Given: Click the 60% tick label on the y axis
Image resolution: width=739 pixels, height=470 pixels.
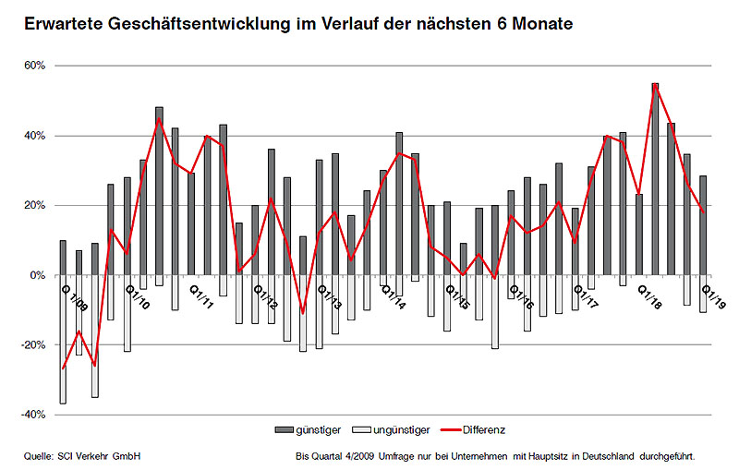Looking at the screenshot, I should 34,66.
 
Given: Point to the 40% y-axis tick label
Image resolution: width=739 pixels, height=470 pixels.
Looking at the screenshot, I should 34,136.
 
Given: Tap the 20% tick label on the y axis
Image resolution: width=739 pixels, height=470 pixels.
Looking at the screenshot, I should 34,205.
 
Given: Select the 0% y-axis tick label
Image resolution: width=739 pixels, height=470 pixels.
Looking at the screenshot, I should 38,275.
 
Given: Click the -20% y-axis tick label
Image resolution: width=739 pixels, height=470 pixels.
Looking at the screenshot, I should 33,344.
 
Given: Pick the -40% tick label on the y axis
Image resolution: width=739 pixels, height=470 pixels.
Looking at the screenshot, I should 33,415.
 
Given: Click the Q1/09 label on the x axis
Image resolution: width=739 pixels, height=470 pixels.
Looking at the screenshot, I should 73,297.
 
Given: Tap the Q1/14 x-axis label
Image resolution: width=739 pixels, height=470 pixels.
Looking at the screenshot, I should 393,297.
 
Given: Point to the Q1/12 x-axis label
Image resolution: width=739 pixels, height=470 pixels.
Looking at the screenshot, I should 265,297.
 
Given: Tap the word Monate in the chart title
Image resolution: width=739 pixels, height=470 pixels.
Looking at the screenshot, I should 540,21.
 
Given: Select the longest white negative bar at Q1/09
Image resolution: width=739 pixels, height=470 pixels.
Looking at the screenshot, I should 63,339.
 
